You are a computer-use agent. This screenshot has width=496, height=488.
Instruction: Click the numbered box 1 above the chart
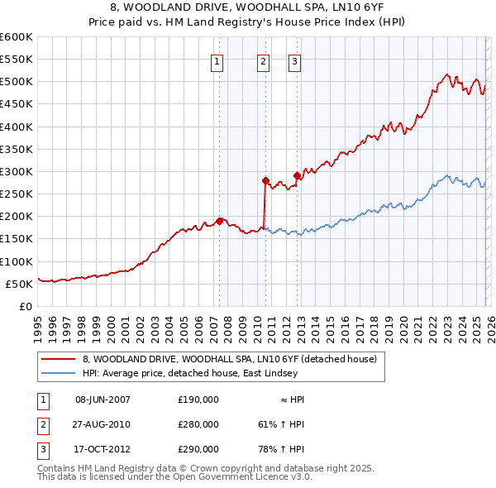pos(217,60)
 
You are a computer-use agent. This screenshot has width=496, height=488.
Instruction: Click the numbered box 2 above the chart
pos(263,60)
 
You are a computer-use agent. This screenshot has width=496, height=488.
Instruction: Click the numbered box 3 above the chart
pos(294,60)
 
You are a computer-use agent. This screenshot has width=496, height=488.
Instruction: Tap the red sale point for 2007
pos(219,221)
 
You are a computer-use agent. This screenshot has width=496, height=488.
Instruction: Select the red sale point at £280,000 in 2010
pos(265,180)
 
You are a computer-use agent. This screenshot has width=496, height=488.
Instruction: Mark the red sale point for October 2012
pos(297,175)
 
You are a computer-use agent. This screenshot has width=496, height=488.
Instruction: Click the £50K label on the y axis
pos(19,284)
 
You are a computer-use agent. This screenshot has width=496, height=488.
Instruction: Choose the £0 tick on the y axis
pos(25,306)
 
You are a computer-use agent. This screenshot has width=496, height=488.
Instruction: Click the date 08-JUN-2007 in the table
pos(103,399)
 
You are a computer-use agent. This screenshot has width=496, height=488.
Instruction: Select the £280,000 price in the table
pos(198,424)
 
